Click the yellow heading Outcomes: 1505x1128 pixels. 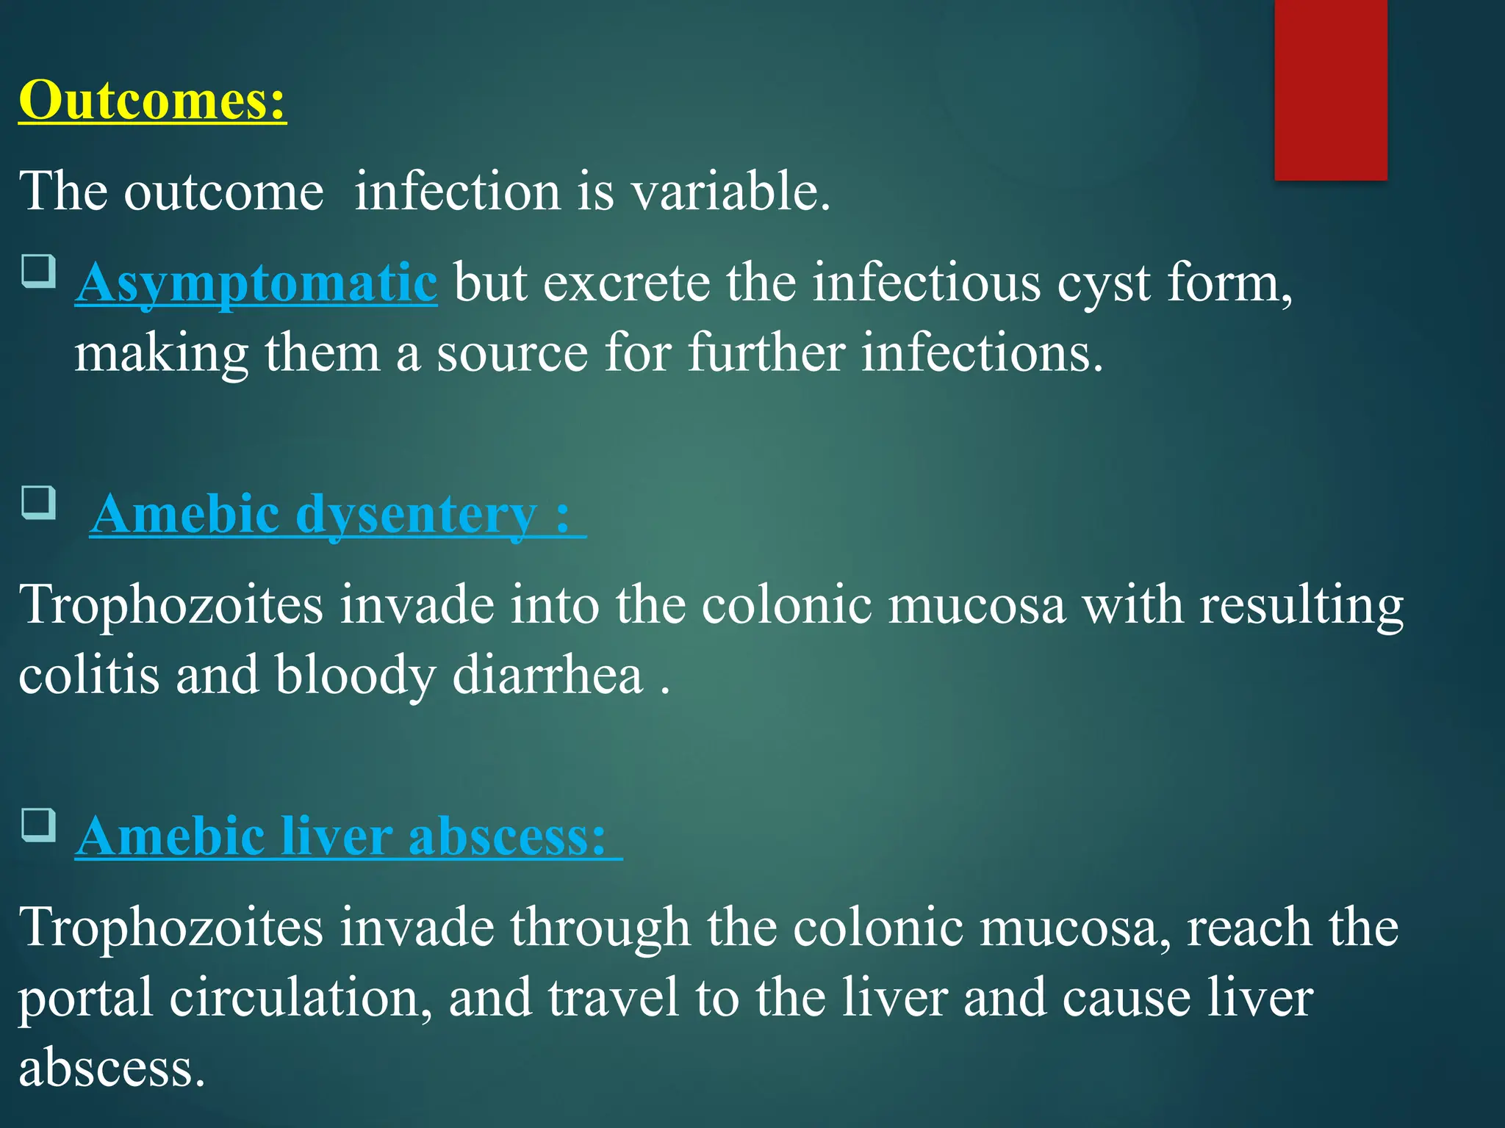[152, 100]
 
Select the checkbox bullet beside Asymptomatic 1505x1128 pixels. [38, 271]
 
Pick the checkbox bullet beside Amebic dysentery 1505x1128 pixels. [38, 502]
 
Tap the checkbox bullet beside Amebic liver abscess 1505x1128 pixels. [38, 825]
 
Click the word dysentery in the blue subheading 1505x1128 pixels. [416, 514]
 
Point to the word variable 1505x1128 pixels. [730, 191]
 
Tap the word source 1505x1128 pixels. [512, 353]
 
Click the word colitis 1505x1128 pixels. [88, 674]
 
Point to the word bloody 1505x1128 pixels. [356, 674]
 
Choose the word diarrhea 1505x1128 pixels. [547, 674]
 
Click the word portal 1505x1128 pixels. [85, 997]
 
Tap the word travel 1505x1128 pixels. [613, 997]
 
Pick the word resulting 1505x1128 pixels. [1301, 605]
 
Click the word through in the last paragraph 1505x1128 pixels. [600, 928]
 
